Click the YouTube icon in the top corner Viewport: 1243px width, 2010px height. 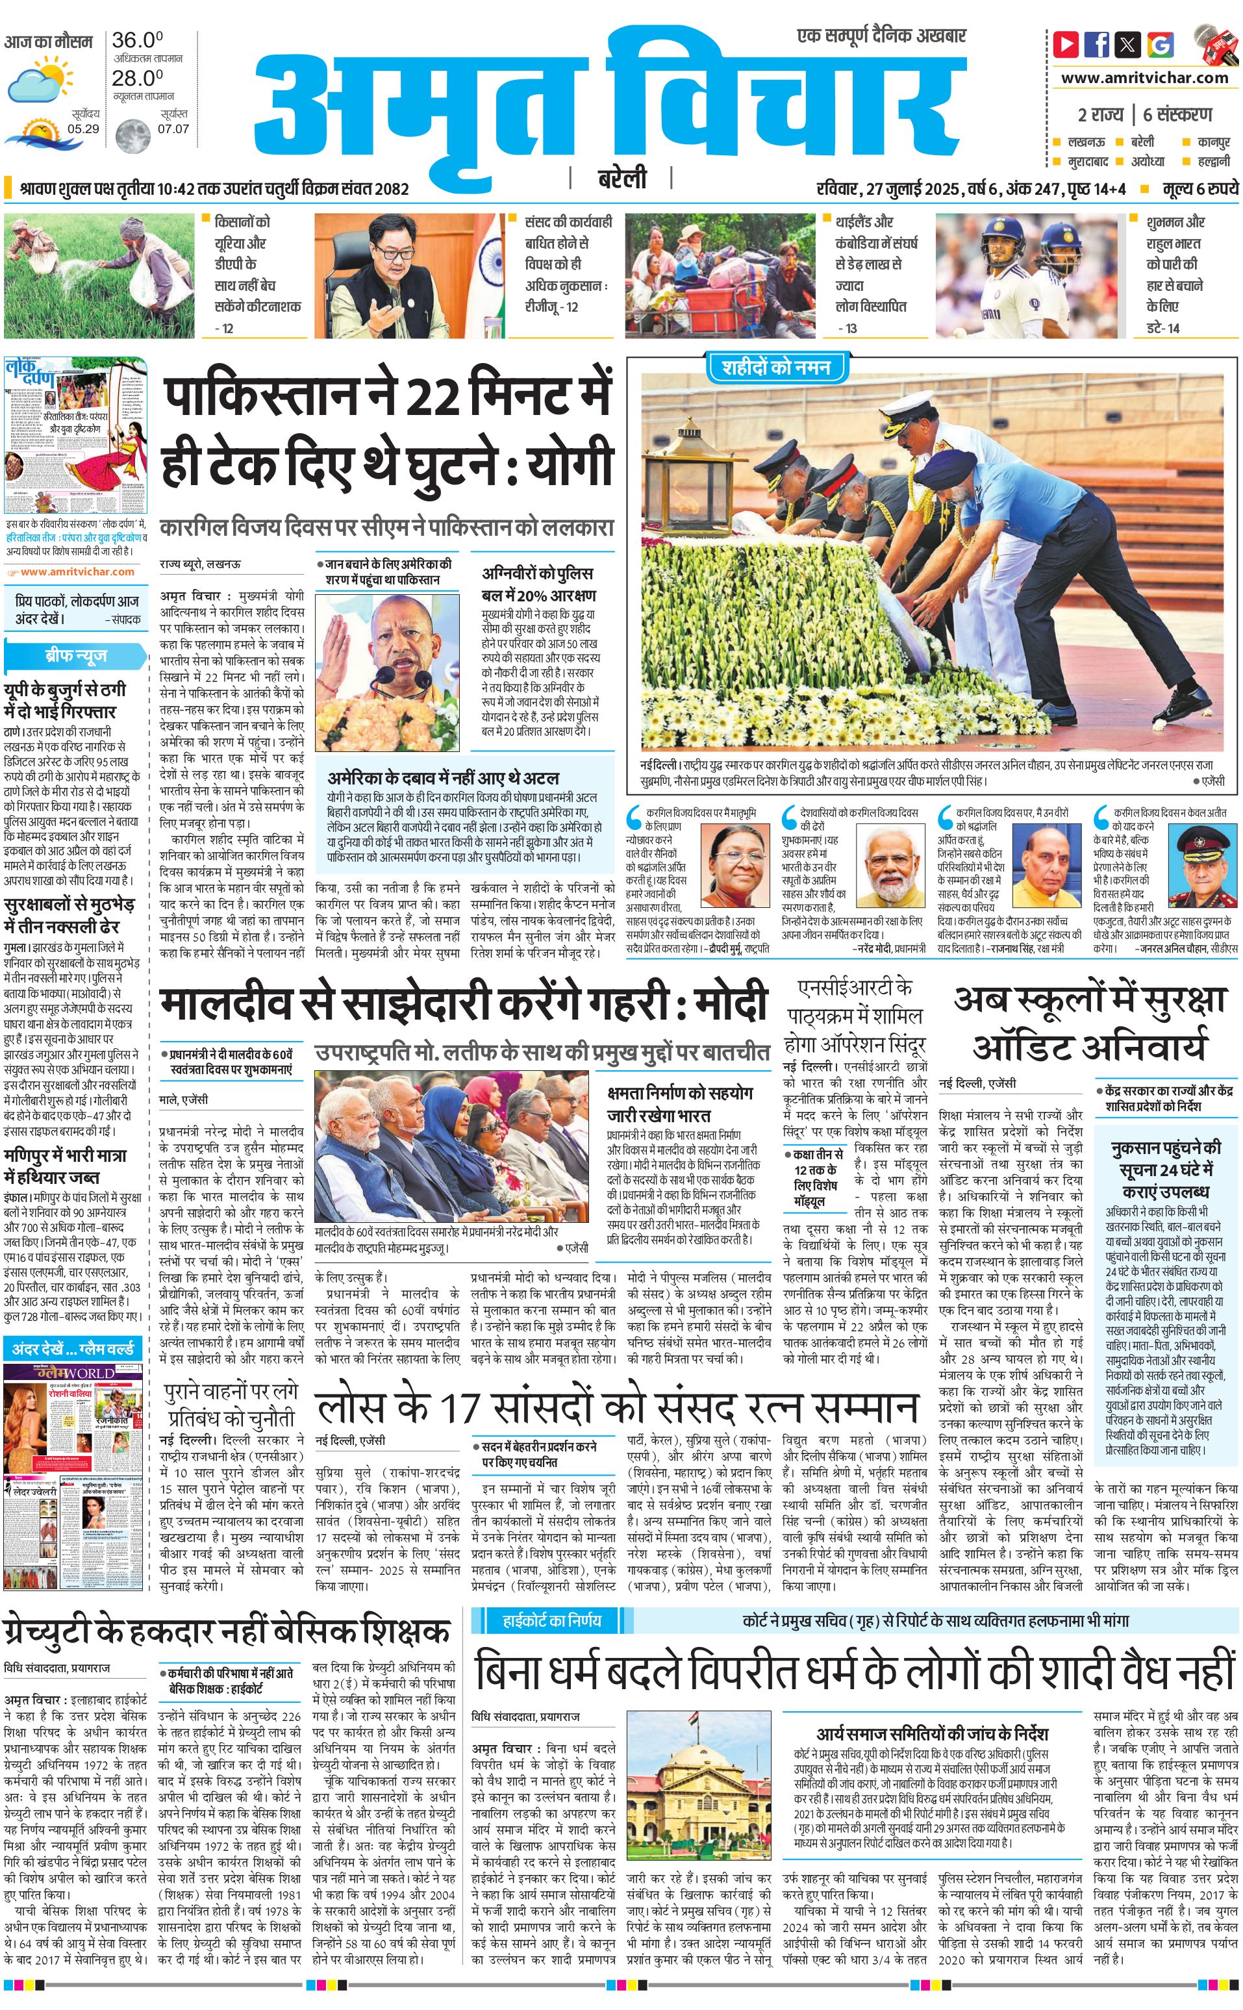pos(1066,44)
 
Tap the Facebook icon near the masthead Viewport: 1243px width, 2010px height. pos(1097,44)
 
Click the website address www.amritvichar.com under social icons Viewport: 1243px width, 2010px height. pos(1144,78)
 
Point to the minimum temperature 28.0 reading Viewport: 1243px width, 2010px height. pos(137,78)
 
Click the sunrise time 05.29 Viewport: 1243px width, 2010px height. pos(83,129)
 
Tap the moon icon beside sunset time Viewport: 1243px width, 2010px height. pos(132,136)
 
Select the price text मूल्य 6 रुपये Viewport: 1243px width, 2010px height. pos(1199,189)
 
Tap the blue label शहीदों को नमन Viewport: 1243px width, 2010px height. pos(776,368)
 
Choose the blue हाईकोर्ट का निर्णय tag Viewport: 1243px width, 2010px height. pos(551,1620)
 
